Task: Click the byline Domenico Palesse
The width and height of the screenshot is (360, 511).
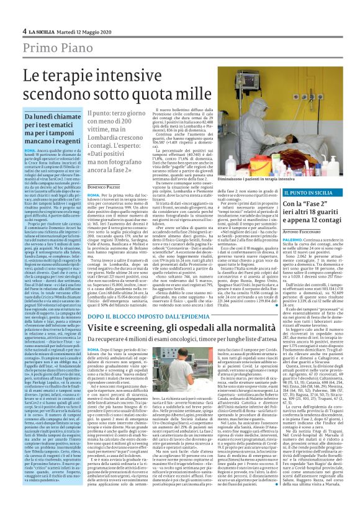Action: (x=104, y=186)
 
